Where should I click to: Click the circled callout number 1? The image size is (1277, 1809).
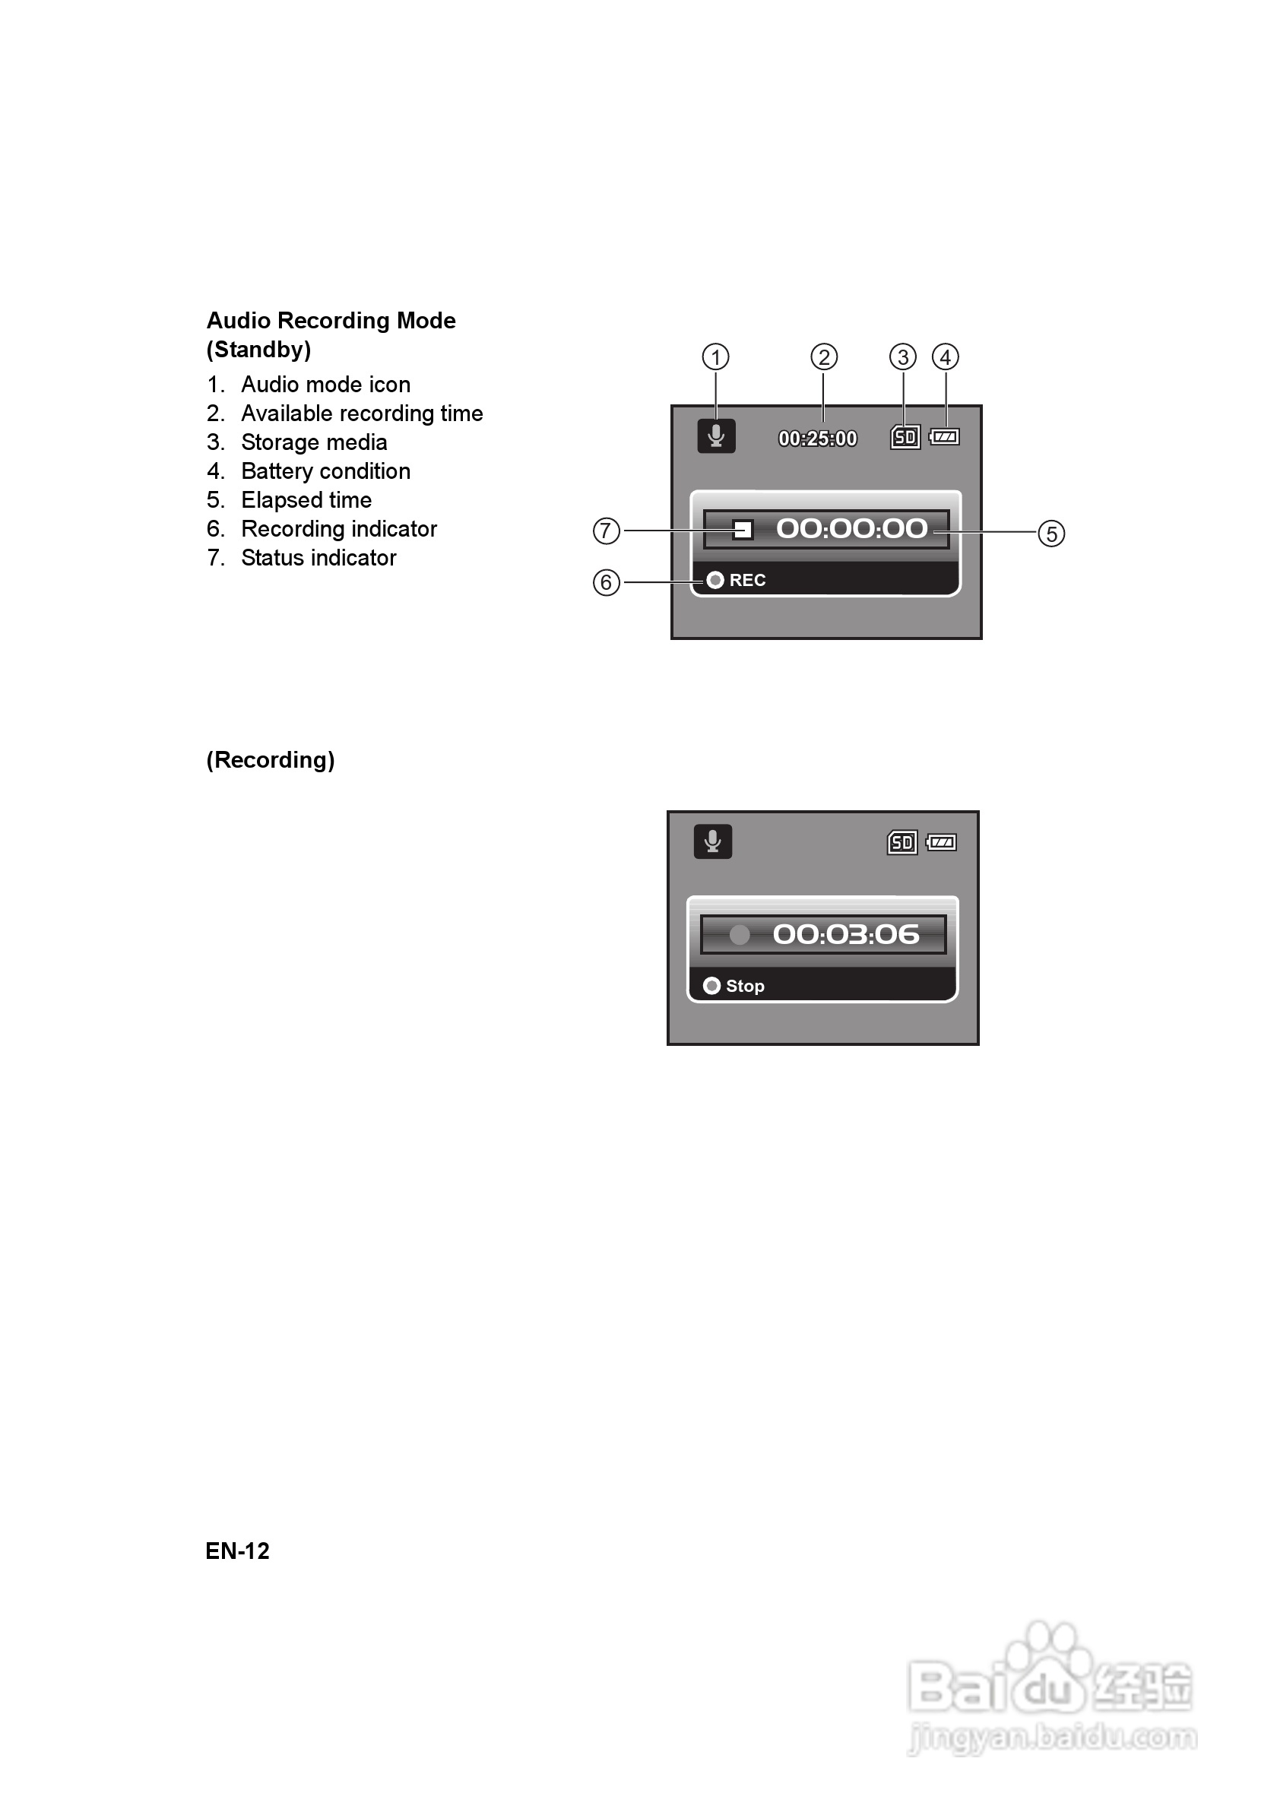[x=715, y=357]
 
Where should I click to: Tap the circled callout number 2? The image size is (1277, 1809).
[x=823, y=357]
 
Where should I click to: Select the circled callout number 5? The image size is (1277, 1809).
[x=1051, y=534]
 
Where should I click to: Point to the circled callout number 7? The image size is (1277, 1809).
[x=606, y=531]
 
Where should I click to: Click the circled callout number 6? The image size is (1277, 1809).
[x=606, y=582]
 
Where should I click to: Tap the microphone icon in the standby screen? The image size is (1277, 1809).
[x=716, y=436]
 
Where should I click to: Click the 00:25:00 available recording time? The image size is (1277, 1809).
[x=817, y=439]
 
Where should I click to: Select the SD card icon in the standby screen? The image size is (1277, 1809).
[x=905, y=437]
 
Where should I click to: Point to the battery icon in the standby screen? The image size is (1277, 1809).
[x=944, y=436]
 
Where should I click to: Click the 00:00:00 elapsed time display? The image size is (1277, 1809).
[x=851, y=529]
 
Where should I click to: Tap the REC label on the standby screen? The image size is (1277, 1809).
[x=747, y=581]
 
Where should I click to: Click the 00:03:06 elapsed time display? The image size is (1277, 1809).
[x=845, y=934]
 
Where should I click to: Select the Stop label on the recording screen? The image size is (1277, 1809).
[x=744, y=987]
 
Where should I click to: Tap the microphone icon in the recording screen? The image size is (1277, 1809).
[x=713, y=841]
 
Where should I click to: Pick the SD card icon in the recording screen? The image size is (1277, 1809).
[x=902, y=843]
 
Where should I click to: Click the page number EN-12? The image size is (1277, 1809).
[x=237, y=1551]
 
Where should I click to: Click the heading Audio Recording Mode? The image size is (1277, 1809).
[x=331, y=321]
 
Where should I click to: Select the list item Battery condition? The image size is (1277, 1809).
[x=325, y=471]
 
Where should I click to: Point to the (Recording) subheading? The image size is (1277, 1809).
[x=270, y=760]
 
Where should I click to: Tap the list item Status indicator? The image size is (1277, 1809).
[x=318, y=558]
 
